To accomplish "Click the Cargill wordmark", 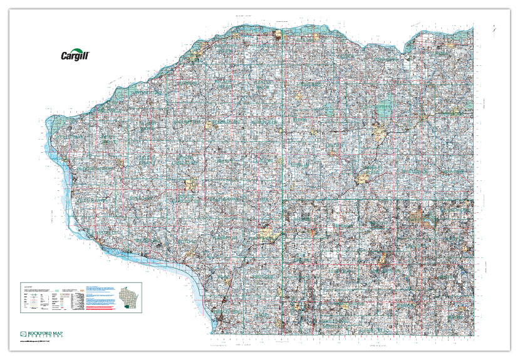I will coord(75,56).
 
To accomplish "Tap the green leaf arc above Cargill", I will coord(79,50).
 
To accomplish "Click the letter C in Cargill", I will coord(63,56).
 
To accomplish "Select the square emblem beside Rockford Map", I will coord(23,332).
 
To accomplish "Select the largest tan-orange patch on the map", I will coord(268,235).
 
